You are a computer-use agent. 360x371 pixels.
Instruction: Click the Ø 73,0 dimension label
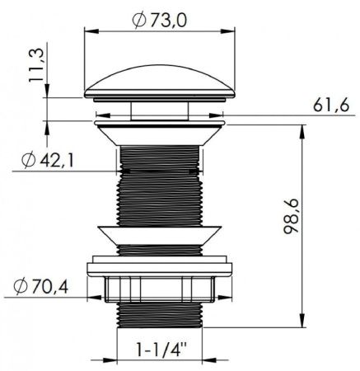click(x=159, y=21)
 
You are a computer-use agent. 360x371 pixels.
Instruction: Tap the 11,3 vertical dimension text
click(x=36, y=64)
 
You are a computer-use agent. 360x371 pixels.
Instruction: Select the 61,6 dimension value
click(x=331, y=105)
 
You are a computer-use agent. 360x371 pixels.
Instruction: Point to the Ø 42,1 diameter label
click(x=48, y=160)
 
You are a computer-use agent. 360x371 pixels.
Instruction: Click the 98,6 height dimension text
click(x=291, y=216)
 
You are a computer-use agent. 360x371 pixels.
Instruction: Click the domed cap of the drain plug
click(x=160, y=82)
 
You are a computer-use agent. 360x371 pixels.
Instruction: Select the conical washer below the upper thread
click(x=160, y=235)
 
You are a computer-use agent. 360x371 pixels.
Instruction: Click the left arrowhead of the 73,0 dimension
click(x=91, y=31)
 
